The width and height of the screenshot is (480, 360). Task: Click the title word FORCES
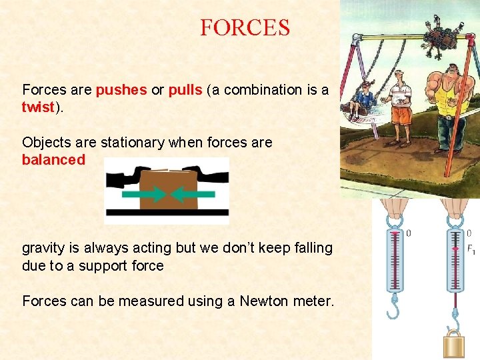pyautogui.click(x=245, y=28)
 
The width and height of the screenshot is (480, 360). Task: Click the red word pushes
pyautogui.click(x=121, y=90)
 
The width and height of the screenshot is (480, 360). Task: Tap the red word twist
pyautogui.click(x=38, y=108)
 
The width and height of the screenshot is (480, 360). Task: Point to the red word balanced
pyautogui.click(x=53, y=160)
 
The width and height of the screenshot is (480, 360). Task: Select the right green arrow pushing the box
pyautogui.click(x=193, y=194)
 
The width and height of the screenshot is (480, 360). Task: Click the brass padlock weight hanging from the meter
pyautogui.click(x=455, y=346)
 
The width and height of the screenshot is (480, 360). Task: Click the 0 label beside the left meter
pyautogui.click(x=408, y=233)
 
